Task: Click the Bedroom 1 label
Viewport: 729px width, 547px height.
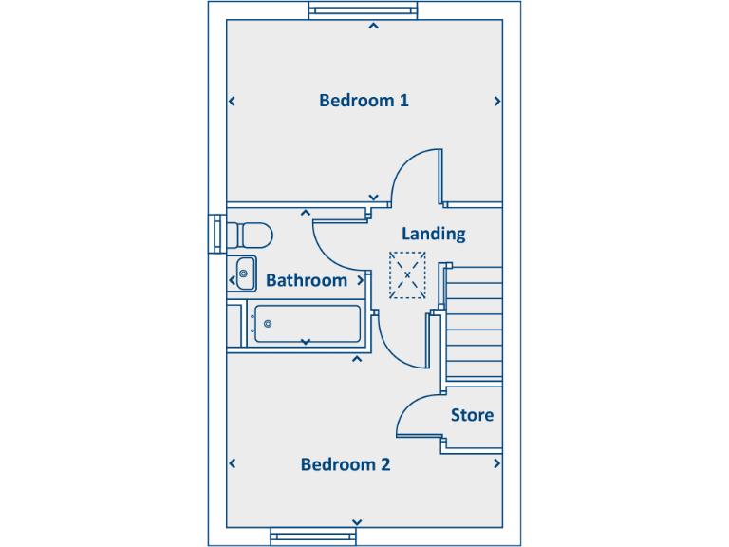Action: (364, 101)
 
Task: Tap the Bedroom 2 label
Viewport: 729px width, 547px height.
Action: (346, 464)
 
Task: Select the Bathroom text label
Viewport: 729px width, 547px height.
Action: (307, 280)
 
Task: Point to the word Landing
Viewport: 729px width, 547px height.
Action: (433, 234)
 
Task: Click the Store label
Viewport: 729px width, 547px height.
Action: (472, 415)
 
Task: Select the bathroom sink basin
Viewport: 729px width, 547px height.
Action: (245, 273)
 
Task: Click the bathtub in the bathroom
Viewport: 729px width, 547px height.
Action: (305, 325)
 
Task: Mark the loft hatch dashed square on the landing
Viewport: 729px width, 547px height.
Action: (407, 275)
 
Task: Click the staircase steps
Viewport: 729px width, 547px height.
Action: (474, 323)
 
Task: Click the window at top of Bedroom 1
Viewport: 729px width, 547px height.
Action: (363, 11)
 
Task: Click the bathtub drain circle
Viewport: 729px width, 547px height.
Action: (269, 325)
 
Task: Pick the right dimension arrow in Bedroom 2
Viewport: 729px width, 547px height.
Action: (496, 464)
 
